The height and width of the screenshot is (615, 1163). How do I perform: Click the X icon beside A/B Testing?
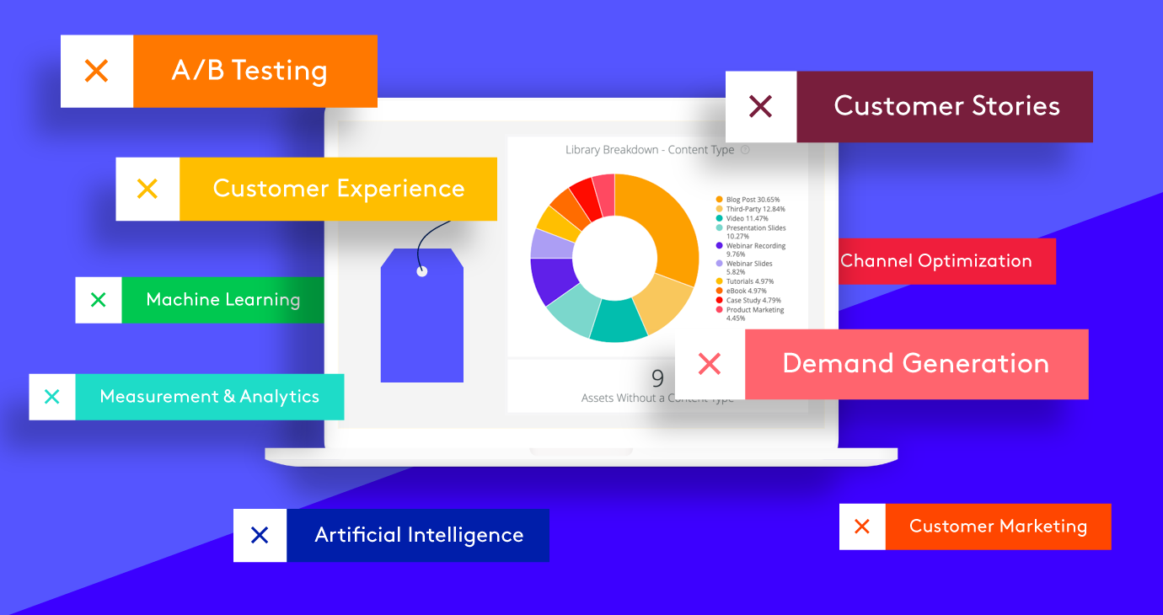click(97, 71)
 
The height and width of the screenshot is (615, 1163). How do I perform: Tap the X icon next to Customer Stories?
click(761, 106)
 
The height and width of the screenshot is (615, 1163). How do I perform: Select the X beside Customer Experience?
click(147, 189)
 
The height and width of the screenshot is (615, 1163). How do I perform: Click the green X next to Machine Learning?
click(98, 299)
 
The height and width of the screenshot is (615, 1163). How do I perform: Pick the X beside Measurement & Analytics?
click(52, 397)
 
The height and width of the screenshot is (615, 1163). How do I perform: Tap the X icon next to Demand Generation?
click(710, 363)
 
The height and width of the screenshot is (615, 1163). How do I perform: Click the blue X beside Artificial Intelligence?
click(260, 535)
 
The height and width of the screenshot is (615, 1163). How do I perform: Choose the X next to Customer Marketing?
click(862, 527)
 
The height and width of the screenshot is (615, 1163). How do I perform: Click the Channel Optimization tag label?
click(936, 260)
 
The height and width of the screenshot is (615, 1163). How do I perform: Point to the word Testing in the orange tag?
click(279, 71)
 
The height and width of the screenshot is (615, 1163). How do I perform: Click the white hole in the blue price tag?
click(422, 271)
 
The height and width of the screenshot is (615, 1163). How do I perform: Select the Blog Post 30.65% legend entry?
click(748, 200)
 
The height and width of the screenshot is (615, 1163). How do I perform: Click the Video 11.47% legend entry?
click(742, 218)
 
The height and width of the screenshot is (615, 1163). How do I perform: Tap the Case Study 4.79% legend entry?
click(748, 300)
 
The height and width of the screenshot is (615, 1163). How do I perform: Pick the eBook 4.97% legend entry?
click(741, 291)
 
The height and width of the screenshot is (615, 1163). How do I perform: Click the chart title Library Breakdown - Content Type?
click(650, 150)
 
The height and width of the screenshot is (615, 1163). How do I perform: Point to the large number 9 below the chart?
click(657, 378)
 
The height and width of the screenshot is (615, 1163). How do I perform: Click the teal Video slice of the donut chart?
click(618, 320)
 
